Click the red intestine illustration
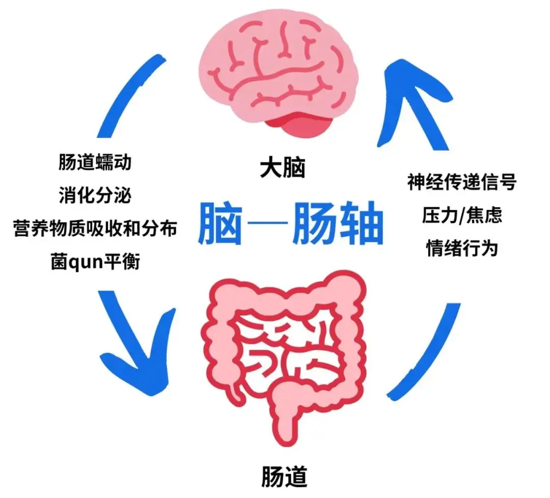[x=288, y=346]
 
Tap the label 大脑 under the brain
[x=282, y=169]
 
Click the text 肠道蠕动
[x=95, y=162]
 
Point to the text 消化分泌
[x=95, y=196]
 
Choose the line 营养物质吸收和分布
[x=95, y=229]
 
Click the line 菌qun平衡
[x=95, y=262]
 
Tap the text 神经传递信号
[x=461, y=182]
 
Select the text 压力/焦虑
[x=461, y=215]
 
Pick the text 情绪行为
[x=461, y=248]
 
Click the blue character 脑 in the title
[x=219, y=224]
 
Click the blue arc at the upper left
[x=130, y=97]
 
